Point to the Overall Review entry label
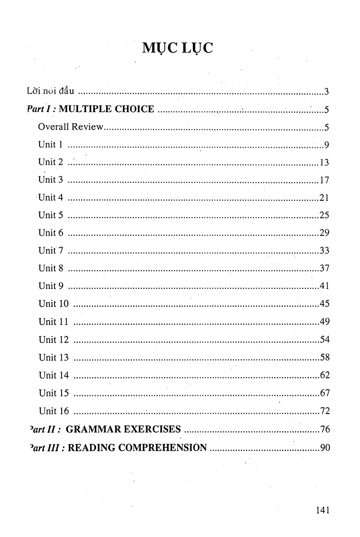pos(71,127)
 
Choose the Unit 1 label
pos(50,144)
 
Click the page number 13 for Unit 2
pos(324,162)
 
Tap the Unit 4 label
pos(53,198)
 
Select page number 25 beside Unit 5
pos(324,215)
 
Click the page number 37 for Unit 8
pos(324,268)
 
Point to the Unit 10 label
pos(54,304)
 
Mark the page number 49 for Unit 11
pos(324,321)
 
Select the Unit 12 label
pos(54,339)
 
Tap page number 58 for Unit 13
pos(324,357)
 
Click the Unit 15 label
pos(54,393)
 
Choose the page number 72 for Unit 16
pos(324,411)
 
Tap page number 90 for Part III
pos(324,447)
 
